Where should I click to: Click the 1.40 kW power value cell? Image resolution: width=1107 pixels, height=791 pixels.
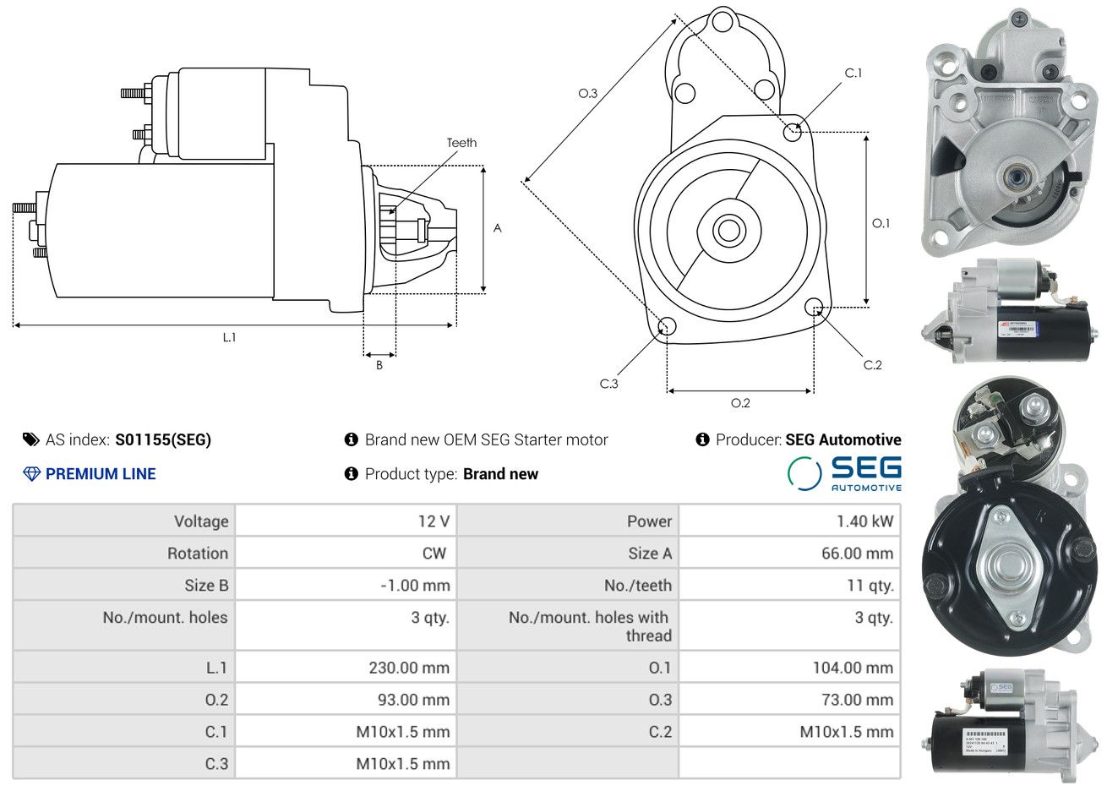[864, 521]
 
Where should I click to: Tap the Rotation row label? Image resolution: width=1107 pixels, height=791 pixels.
[197, 554]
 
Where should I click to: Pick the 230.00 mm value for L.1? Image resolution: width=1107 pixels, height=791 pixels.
[409, 668]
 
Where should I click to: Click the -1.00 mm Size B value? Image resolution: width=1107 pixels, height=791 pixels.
[415, 586]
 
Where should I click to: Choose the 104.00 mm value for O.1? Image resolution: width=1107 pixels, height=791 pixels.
[853, 668]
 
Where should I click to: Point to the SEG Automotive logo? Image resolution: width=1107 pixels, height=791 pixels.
[844, 474]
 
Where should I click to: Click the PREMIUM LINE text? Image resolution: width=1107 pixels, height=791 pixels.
[101, 474]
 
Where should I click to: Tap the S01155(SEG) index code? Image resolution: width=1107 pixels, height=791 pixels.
[163, 439]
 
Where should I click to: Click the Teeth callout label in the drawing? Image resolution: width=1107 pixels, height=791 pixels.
[461, 143]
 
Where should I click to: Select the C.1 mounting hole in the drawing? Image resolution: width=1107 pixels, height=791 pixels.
[793, 132]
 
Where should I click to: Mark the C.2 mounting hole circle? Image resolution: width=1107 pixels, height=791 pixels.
[815, 306]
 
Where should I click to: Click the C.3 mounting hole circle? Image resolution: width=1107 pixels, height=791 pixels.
[666, 326]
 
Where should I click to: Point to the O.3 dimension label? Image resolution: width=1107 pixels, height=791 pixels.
[588, 93]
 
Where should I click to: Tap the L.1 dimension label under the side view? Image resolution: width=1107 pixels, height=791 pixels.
[229, 337]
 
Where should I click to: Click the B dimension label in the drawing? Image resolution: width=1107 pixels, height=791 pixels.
[379, 365]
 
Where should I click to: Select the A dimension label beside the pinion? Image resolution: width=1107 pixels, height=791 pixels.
[498, 228]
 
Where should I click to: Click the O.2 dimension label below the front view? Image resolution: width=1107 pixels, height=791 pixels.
[740, 403]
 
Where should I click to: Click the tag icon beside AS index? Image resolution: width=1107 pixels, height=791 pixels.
[31, 439]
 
